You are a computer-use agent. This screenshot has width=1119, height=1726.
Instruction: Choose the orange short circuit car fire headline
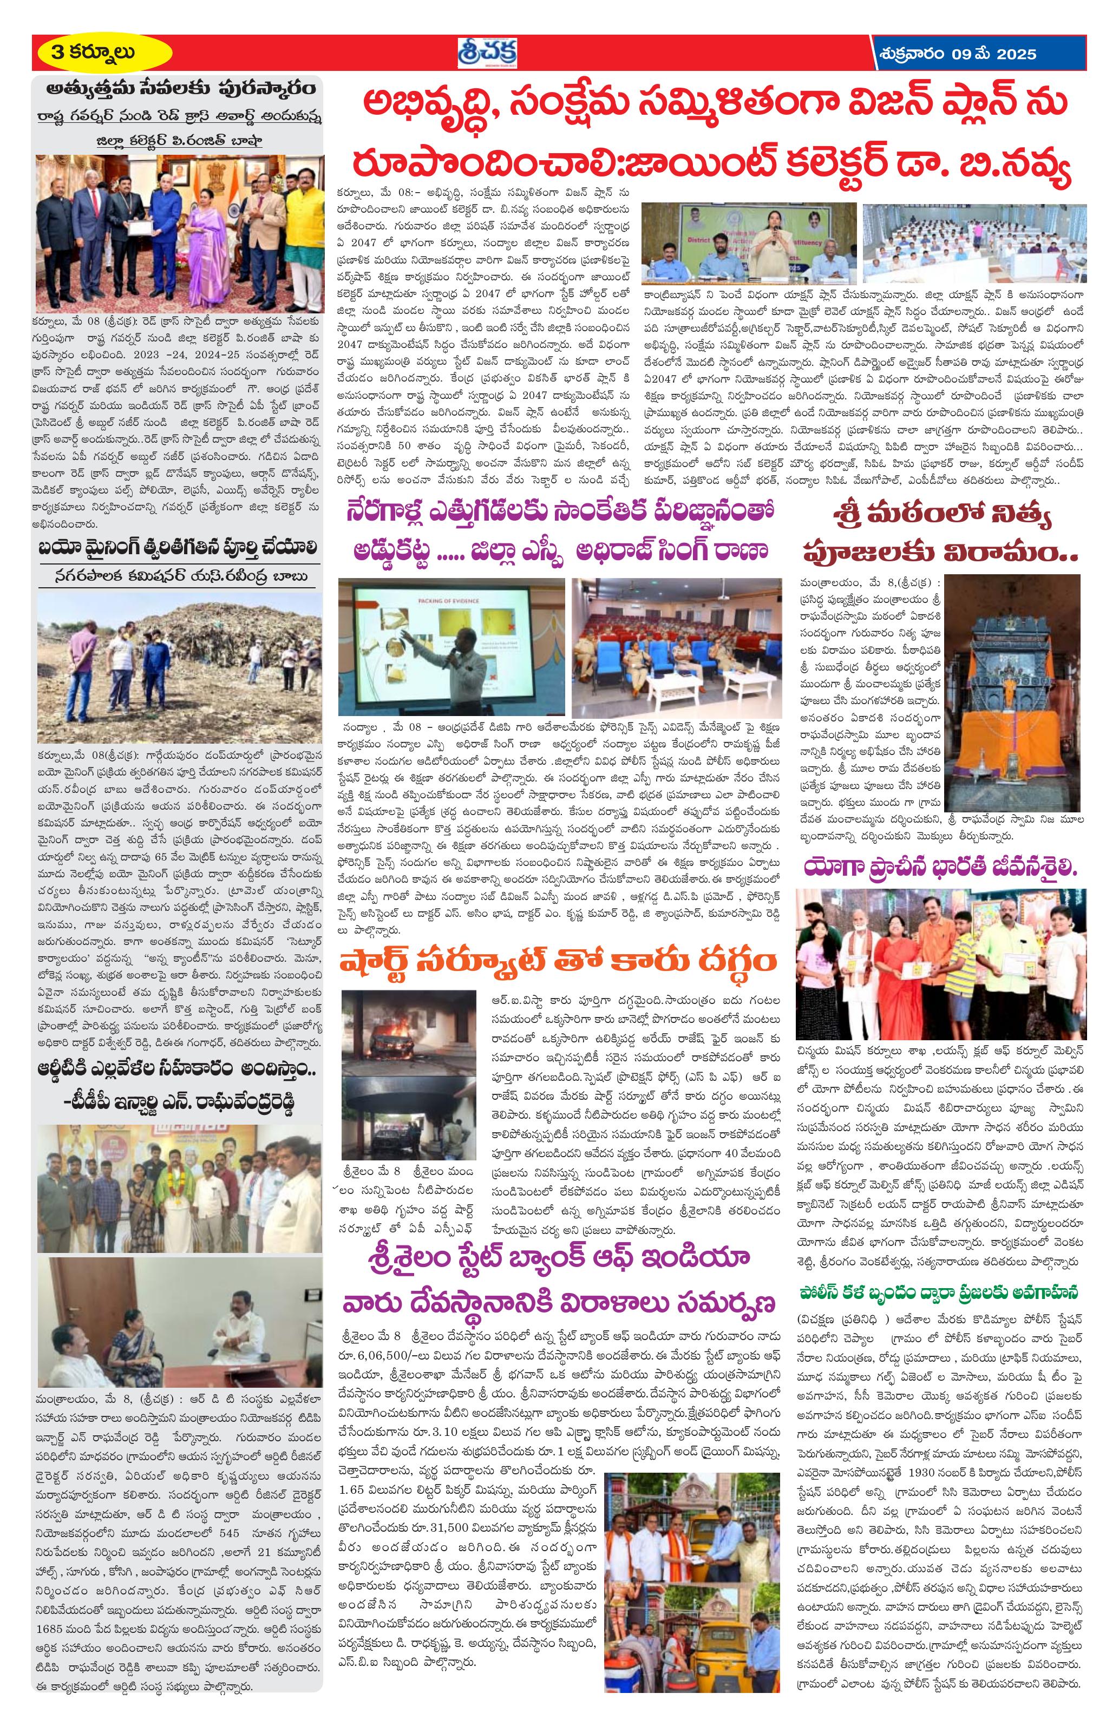pos(558,962)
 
